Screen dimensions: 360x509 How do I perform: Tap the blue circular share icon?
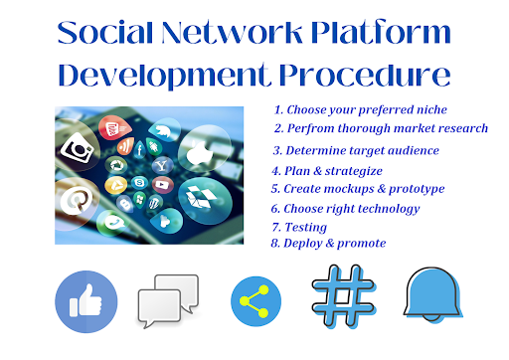[254, 300]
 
